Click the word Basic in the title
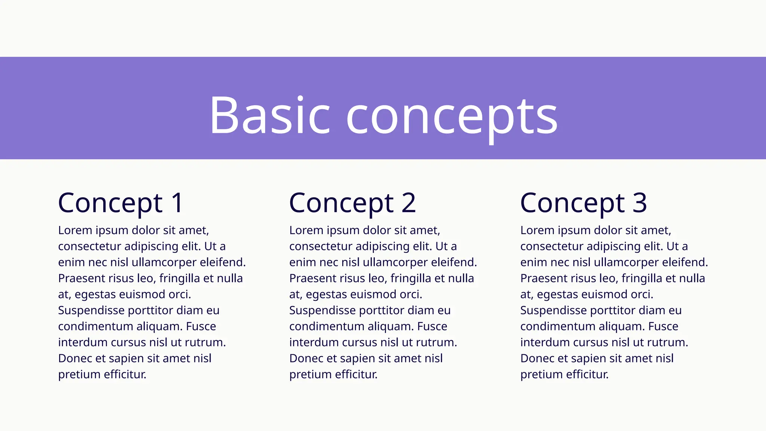click(269, 115)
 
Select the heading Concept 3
click(583, 203)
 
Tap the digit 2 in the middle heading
click(408, 203)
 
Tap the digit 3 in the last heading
click(640, 203)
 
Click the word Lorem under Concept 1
click(75, 230)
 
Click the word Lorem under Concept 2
click(306, 230)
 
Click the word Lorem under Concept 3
click(537, 230)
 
